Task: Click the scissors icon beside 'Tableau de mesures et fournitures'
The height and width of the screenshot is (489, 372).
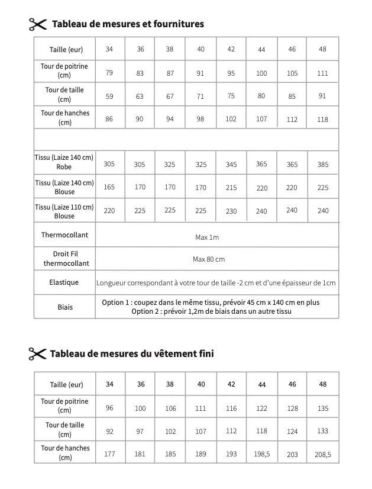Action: (x=37, y=24)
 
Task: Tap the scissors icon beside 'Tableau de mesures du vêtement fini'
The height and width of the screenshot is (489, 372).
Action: (x=37, y=354)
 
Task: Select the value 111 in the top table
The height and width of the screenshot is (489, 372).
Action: (x=322, y=73)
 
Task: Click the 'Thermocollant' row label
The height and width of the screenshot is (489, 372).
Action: (x=64, y=235)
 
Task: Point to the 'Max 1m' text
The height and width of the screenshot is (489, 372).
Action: (x=207, y=237)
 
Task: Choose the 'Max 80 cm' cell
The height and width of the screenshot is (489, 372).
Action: (x=209, y=259)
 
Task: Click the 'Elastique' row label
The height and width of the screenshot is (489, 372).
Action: (x=64, y=282)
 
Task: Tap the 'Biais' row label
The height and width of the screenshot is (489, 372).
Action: (x=65, y=307)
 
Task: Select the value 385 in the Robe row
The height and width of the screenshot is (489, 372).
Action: (x=323, y=165)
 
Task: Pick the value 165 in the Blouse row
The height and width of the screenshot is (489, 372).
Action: (x=109, y=187)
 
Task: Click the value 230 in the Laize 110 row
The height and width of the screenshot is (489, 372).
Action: (x=231, y=211)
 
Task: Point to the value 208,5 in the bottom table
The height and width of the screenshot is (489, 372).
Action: (x=322, y=455)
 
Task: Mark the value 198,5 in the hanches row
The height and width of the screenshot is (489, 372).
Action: (x=261, y=455)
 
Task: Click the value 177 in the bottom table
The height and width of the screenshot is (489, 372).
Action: (x=109, y=454)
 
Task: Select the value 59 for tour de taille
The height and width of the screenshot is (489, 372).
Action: (x=109, y=96)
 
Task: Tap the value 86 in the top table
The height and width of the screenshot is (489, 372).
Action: (x=109, y=119)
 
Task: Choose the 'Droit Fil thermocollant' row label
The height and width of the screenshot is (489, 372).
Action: (x=65, y=259)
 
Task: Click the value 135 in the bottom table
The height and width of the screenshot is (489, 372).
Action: (x=322, y=408)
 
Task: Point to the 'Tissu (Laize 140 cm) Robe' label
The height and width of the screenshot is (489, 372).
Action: (x=64, y=162)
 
